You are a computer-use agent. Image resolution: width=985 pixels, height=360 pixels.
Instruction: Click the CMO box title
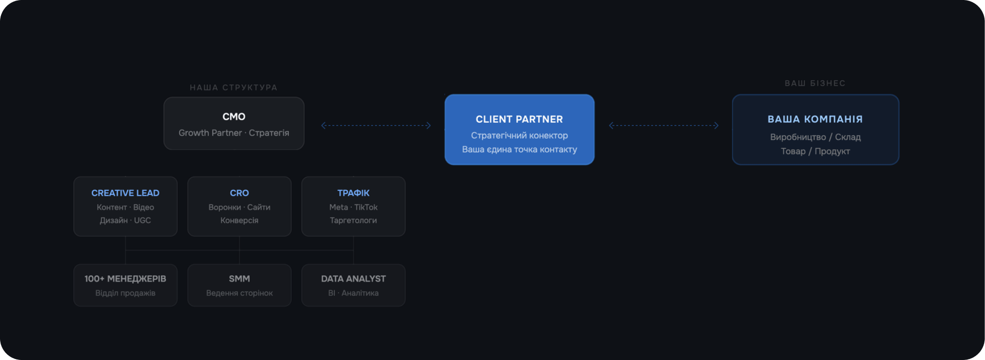(x=234, y=117)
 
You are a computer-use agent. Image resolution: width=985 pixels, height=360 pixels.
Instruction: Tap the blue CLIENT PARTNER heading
(x=519, y=119)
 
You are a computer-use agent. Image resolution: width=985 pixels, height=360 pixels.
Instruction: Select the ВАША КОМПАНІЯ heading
(x=815, y=119)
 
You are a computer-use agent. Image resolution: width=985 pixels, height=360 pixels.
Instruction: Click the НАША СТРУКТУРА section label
(x=234, y=88)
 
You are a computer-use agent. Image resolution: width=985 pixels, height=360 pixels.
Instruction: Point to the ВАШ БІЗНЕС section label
(x=815, y=83)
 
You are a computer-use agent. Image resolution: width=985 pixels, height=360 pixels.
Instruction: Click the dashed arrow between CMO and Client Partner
(x=376, y=125)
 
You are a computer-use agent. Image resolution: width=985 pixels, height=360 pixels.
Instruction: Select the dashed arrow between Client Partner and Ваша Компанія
(x=664, y=125)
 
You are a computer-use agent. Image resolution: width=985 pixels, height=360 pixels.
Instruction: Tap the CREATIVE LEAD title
(x=125, y=193)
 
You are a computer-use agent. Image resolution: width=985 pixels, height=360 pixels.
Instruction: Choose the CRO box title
(x=239, y=193)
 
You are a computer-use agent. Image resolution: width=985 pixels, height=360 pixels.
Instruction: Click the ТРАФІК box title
(x=353, y=193)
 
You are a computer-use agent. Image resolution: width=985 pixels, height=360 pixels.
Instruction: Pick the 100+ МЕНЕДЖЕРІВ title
(x=125, y=279)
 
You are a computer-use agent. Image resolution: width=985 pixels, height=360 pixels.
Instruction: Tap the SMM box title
(x=239, y=279)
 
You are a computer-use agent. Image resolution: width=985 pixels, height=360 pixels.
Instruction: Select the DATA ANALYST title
(x=353, y=279)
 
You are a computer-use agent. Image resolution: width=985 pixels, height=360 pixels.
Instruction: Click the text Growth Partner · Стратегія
(x=234, y=133)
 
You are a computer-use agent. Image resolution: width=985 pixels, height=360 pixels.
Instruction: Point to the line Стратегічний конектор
(x=519, y=136)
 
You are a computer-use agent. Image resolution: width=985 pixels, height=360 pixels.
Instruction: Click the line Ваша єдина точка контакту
(x=519, y=150)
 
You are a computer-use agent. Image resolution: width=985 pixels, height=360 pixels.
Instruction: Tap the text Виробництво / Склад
(x=815, y=137)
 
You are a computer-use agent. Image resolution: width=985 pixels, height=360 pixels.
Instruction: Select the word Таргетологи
(x=353, y=220)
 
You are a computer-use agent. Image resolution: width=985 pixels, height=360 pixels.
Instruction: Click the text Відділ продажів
(x=125, y=293)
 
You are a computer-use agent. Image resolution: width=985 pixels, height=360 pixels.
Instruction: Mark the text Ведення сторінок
(x=239, y=293)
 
